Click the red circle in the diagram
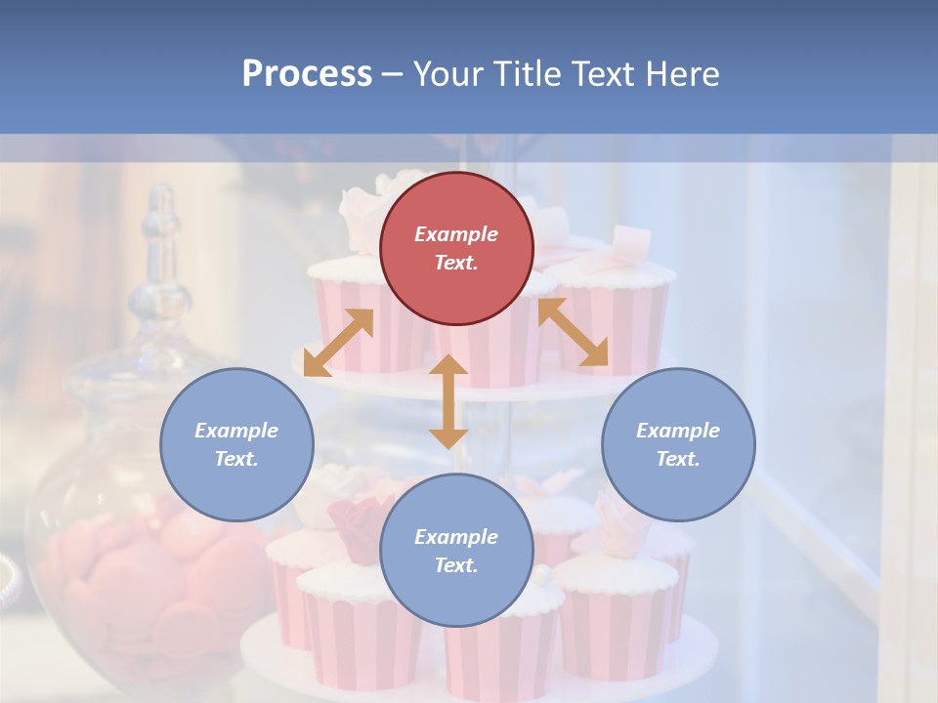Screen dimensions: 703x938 [x=456, y=249]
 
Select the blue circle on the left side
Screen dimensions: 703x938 [x=236, y=445]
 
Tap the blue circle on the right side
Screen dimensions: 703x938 [x=678, y=445]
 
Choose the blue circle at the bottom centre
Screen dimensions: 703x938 [x=456, y=551]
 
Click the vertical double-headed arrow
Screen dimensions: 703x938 [x=448, y=401]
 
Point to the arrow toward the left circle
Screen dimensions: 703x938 [x=338, y=343]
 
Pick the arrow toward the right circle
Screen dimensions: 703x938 [x=573, y=332]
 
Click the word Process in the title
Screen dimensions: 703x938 [x=307, y=73]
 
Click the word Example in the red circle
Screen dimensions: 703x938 [x=456, y=234]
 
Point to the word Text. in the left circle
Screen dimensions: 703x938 [x=236, y=459]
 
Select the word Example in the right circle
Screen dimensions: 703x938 [x=678, y=431]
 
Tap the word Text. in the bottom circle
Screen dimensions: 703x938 [x=456, y=565]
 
